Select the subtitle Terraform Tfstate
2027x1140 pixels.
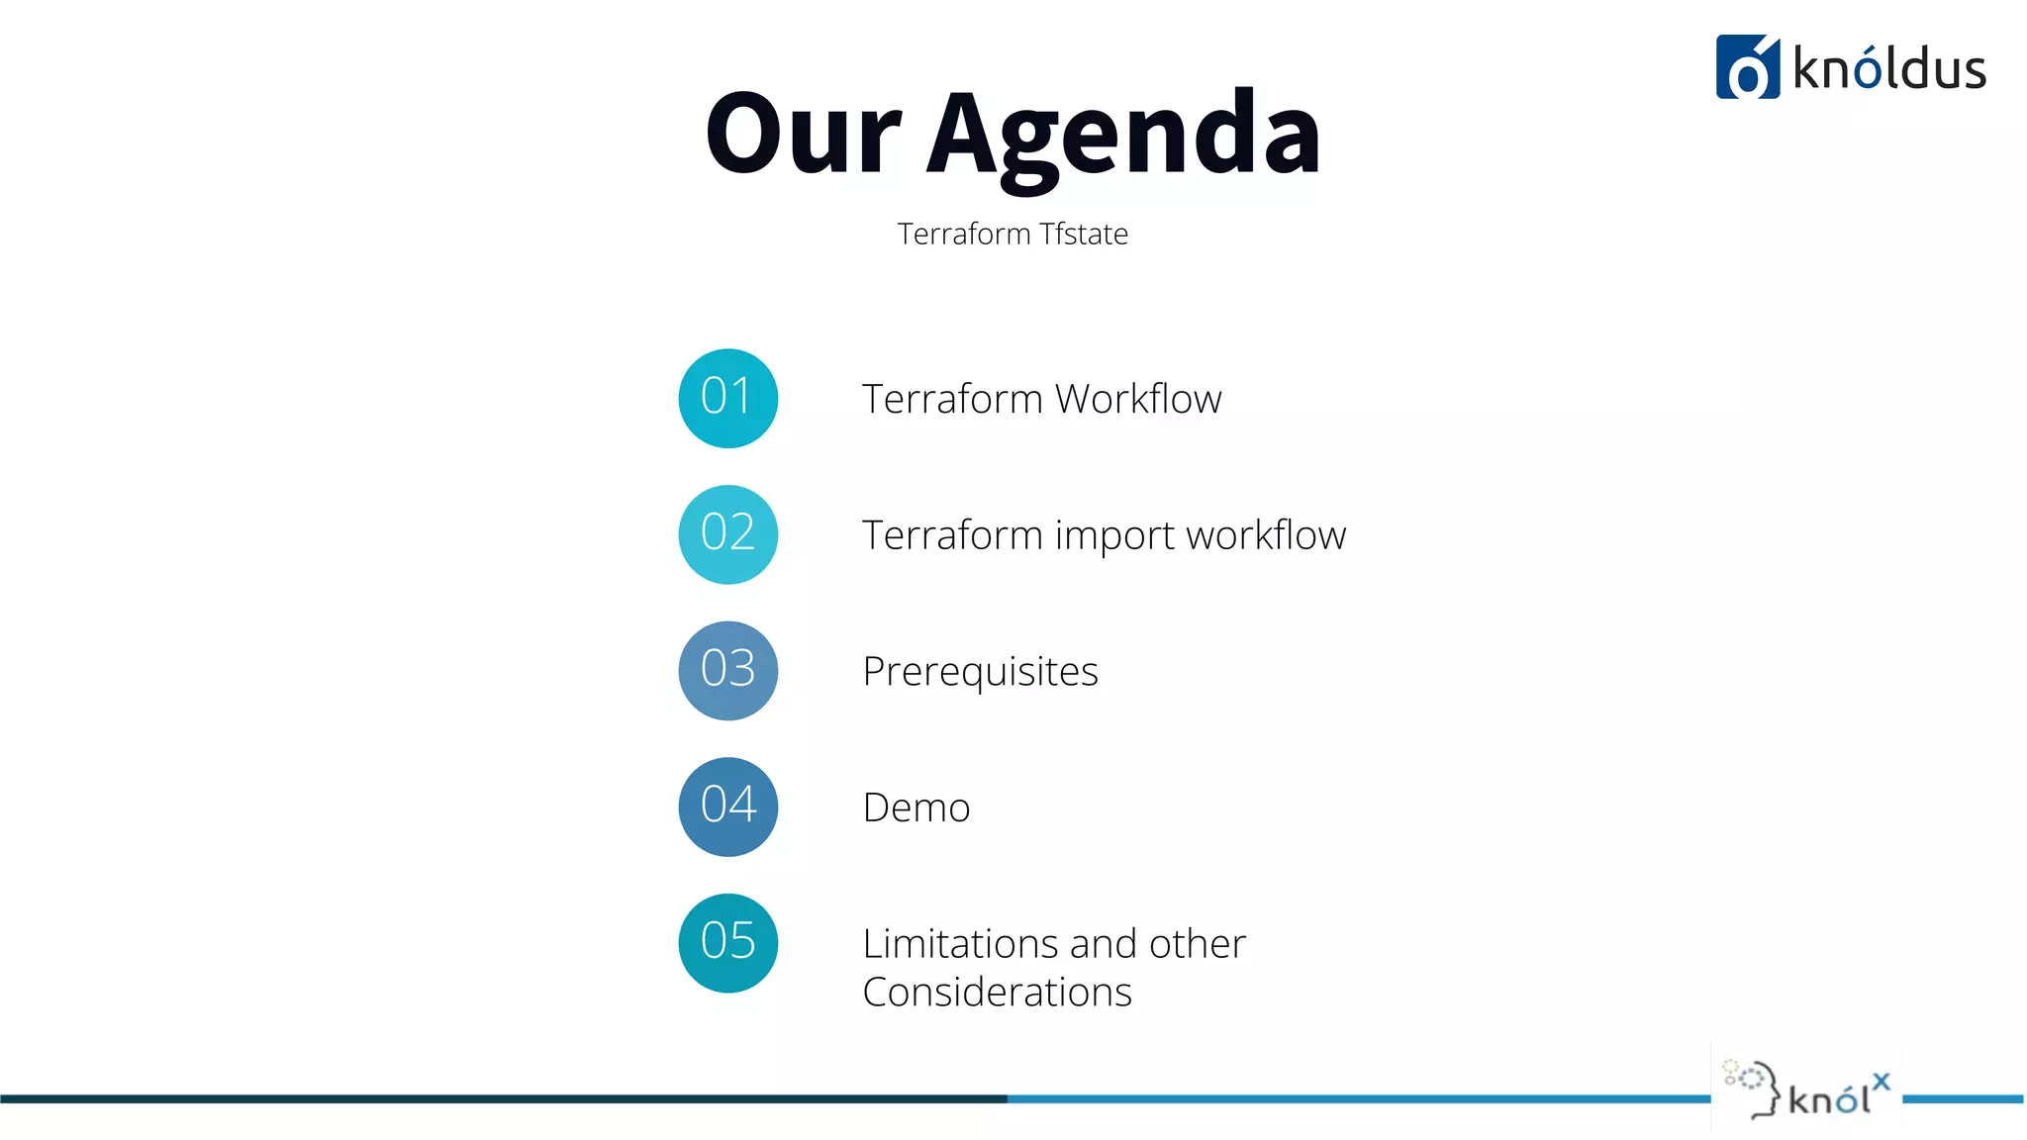[1013, 234]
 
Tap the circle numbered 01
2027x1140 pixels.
[727, 398]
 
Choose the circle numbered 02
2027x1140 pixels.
[727, 534]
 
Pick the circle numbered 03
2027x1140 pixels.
[727, 670]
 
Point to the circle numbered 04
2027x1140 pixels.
[727, 807]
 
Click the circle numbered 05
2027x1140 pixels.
[727, 942]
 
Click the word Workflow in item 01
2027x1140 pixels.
[1138, 399]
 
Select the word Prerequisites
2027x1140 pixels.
[980, 672]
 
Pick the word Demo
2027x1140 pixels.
[916, 807]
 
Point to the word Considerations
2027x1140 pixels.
[997, 993]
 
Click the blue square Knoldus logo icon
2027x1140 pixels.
[1747, 67]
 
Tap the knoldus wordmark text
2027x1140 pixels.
[1888, 69]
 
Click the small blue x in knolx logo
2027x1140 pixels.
[1881, 1082]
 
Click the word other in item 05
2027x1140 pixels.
[1197, 943]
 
